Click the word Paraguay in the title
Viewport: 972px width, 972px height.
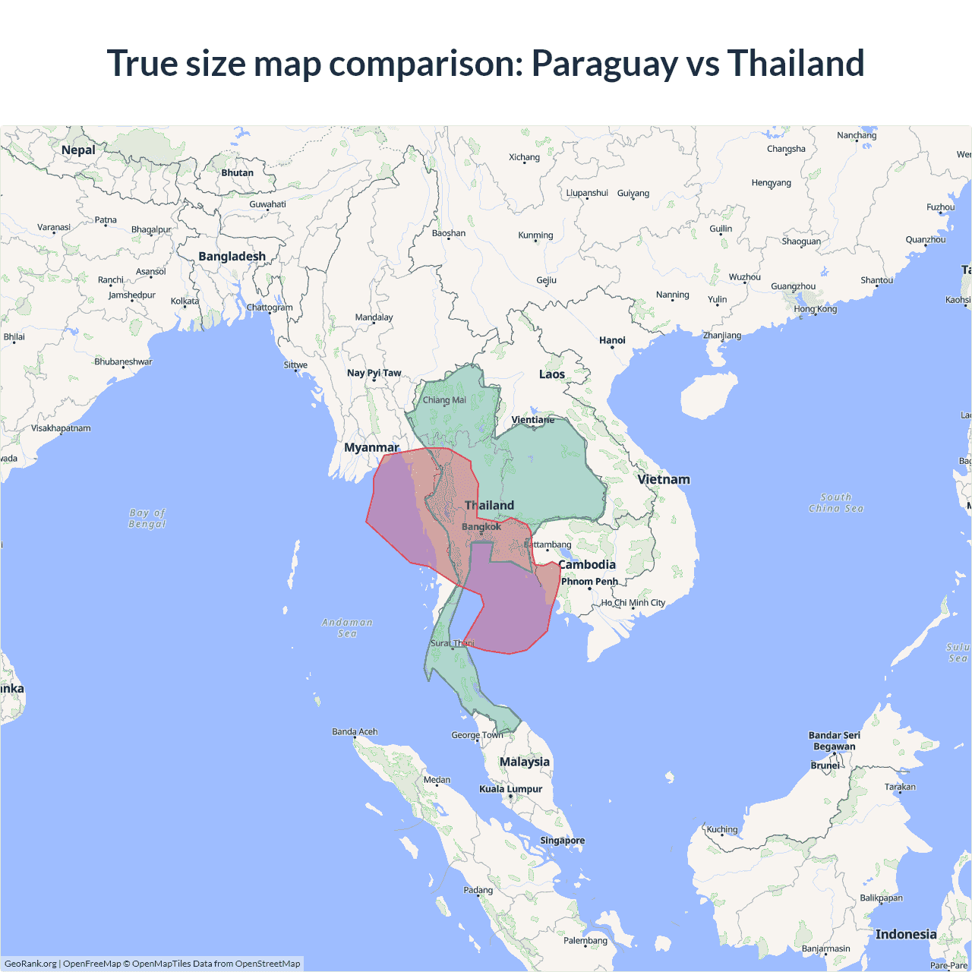(604, 64)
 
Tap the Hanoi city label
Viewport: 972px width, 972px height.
(612, 340)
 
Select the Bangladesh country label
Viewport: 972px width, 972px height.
(232, 257)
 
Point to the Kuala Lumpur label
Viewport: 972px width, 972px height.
(510, 789)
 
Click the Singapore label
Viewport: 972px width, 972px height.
(562, 841)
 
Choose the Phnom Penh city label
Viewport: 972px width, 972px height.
(589, 582)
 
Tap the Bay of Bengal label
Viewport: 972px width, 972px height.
(147, 519)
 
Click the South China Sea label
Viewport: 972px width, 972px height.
(836, 503)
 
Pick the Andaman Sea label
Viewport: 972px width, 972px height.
(347, 628)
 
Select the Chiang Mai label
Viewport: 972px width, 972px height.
(444, 400)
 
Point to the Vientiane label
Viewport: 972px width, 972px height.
(532, 420)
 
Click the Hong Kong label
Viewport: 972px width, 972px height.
(815, 309)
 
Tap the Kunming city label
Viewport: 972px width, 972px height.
(535, 235)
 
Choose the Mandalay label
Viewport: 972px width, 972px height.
(374, 317)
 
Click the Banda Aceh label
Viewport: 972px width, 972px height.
(355, 732)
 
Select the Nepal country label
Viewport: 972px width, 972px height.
(78, 150)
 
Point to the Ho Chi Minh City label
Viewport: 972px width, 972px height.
(633, 603)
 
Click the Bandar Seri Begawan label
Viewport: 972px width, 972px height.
(834, 740)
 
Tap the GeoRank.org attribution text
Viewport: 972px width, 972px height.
(30, 964)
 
